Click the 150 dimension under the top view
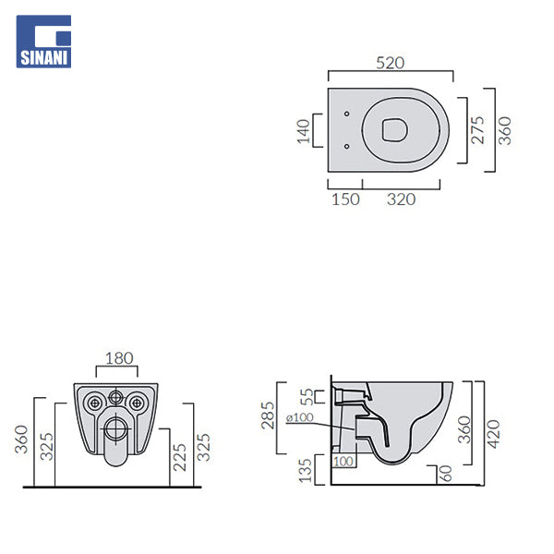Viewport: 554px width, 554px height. pyautogui.click(x=345, y=199)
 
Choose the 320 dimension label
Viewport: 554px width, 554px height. pyautogui.click(x=401, y=199)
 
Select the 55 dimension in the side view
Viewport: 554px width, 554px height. pyautogui.click(x=308, y=397)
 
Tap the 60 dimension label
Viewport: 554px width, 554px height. pyautogui.click(x=446, y=475)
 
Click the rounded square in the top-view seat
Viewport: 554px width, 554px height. pyautogui.click(x=391, y=130)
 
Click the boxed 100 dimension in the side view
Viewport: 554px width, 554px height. pyautogui.click(x=343, y=461)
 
